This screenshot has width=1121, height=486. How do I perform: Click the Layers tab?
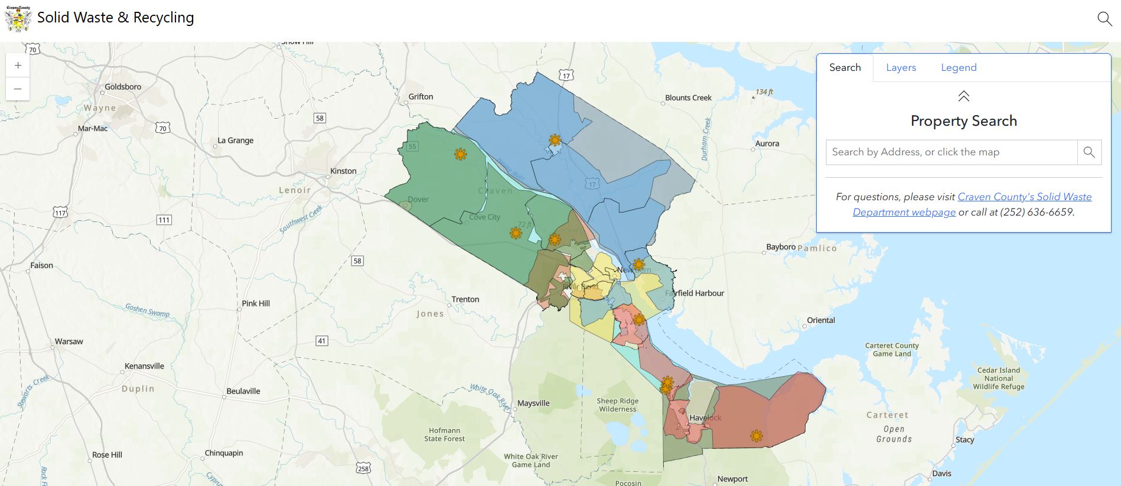(x=901, y=67)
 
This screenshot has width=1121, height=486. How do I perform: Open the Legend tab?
(x=959, y=67)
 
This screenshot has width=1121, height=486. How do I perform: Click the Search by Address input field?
(x=951, y=152)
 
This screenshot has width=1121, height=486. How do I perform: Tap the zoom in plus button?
(x=18, y=66)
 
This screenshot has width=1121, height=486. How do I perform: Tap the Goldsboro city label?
(x=123, y=87)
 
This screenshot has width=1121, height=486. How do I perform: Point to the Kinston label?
(x=343, y=171)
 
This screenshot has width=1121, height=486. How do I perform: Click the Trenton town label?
(x=465, y=299)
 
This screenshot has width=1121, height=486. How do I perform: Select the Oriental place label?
(x=821, y=320)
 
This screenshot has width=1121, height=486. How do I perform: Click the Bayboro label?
(x=780, y=247)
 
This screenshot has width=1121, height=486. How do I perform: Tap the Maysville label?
(x=533, y=403)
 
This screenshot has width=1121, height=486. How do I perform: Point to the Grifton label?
(x=421, y=97)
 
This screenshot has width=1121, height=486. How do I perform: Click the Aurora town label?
(x=767, y=143)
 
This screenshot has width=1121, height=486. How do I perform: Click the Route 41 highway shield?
(x=322, y=341)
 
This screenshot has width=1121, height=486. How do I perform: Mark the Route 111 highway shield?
(x=164, y=220)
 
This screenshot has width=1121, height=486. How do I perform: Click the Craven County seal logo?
(x=18, y=19)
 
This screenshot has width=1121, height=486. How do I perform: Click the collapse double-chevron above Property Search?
(x=963, y=96)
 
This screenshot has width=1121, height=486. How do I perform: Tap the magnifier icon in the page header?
(x=1104, y=19)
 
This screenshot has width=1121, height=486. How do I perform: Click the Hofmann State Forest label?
(x=444, y=435)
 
